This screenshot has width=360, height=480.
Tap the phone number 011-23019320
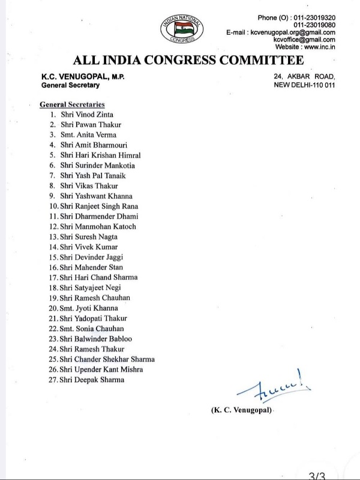[310, 17]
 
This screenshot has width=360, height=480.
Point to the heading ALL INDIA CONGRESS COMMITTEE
[188, 61]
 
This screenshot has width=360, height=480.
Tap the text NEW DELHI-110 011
[304, 85]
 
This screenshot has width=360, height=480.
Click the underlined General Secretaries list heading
[73, 104]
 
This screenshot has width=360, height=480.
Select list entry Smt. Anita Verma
[91, 134]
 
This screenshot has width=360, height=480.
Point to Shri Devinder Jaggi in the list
[91, 257]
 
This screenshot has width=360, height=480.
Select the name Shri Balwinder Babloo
[96, 338]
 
